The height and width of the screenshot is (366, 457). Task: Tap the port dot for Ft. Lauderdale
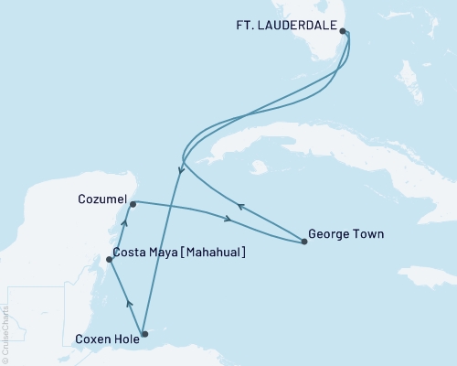(343, 31)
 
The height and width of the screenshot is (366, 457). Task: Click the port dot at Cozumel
(133, 204)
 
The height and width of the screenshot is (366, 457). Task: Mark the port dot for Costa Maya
(109, 260)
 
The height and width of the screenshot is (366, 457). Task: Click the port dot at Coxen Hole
(143, 335)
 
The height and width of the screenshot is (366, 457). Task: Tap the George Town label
(345, 234)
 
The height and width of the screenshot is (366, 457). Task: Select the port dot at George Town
(303, 242)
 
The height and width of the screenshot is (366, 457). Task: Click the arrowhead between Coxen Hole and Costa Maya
(129, 302)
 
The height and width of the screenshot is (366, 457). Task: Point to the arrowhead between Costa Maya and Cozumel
(125, 221)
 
